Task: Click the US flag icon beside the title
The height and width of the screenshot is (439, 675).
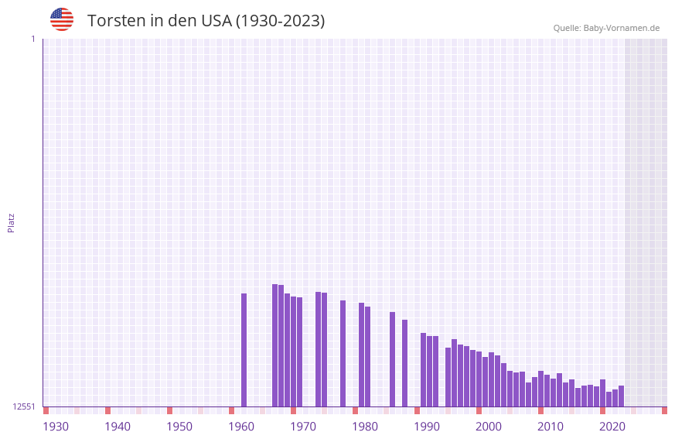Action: [62, 19]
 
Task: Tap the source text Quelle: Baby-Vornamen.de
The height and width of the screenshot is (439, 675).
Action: [606, 28]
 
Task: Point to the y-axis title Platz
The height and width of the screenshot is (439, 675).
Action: [11, 222]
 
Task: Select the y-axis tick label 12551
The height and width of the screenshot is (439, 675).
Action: [24, 406]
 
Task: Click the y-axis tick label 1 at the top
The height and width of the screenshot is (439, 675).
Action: [32, 39]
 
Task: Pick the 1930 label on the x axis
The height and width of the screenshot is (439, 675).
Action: [56, 427]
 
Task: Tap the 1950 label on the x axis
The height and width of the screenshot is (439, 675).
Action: [179, 427]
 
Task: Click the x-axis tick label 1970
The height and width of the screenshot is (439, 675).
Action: [303, 427]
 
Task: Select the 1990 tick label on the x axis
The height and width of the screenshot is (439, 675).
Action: [427, 427]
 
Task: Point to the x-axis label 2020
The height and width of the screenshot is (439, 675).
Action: [612, 427]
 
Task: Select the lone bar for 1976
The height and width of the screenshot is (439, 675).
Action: [343, 353]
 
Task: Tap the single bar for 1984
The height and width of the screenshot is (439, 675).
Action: [393, 359]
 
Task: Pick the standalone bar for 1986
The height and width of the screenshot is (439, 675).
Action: [405, 363]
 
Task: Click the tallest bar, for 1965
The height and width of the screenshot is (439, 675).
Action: [275, 345]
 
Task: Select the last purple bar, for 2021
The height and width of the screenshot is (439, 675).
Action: [622, 396]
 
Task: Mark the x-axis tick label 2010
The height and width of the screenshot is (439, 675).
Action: [551, 427]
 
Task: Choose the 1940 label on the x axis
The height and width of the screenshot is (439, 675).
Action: [118, 427]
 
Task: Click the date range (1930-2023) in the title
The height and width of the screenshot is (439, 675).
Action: [280, 21]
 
